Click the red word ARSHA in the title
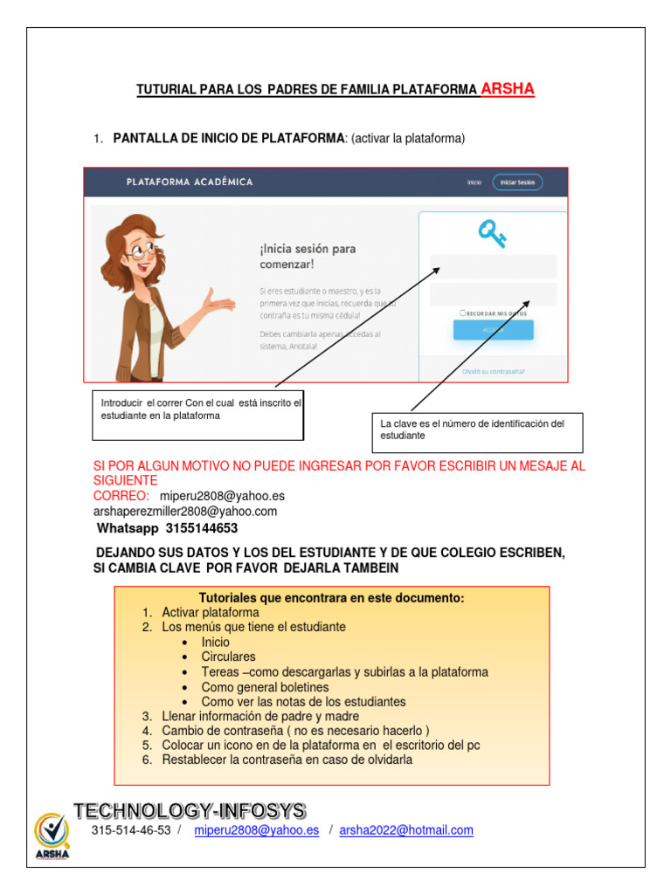pos(508,88)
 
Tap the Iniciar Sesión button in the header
pos(517,182)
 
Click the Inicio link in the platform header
pos(474,182)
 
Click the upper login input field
pos(493,266)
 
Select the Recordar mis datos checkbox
pos(461,313)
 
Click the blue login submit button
pos(493,330)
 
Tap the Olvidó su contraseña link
pos(494,371)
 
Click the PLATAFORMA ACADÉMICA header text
pos(190,182)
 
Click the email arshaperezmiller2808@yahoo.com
pos(185,512)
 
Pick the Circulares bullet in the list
pos(228,657)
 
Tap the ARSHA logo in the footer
pos(52,836)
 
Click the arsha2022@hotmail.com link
pos(406,830)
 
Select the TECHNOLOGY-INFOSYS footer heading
pos(190,810)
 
